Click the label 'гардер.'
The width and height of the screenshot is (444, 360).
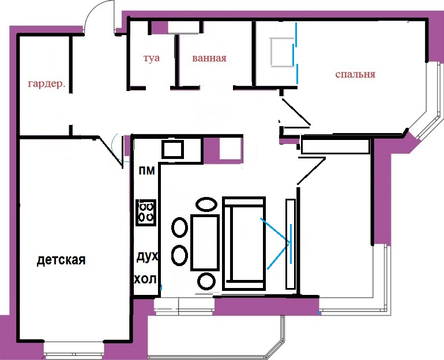coord(47,84)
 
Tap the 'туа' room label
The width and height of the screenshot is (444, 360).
coord(151,58)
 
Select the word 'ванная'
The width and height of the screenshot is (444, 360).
coord(209,58)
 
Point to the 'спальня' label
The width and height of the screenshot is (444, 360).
coord(355,74)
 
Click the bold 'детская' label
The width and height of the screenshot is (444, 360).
coord(61,260)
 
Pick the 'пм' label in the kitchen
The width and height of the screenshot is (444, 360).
coord(146,171)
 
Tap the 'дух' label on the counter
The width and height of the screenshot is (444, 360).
coord(147,257)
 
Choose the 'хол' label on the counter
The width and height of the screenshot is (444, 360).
coord(145,279)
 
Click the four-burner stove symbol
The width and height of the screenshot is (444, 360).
coord(146,213)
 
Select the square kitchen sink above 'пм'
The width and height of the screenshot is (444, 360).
coord(173,149)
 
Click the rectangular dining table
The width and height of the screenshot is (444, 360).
coord(205,242)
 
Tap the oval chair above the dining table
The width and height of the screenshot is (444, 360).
coord(206,204)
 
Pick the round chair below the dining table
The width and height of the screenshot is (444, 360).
coord(206,282)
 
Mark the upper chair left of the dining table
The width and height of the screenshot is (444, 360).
coord(179,228)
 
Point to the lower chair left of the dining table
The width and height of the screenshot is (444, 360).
coord(179,255)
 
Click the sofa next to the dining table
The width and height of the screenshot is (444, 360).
coord(244,244)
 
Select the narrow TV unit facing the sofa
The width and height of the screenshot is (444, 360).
coord(291,244)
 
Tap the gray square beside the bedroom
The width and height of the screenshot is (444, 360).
coord(283,52)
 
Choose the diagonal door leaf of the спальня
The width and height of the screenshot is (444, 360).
coord(296,112)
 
